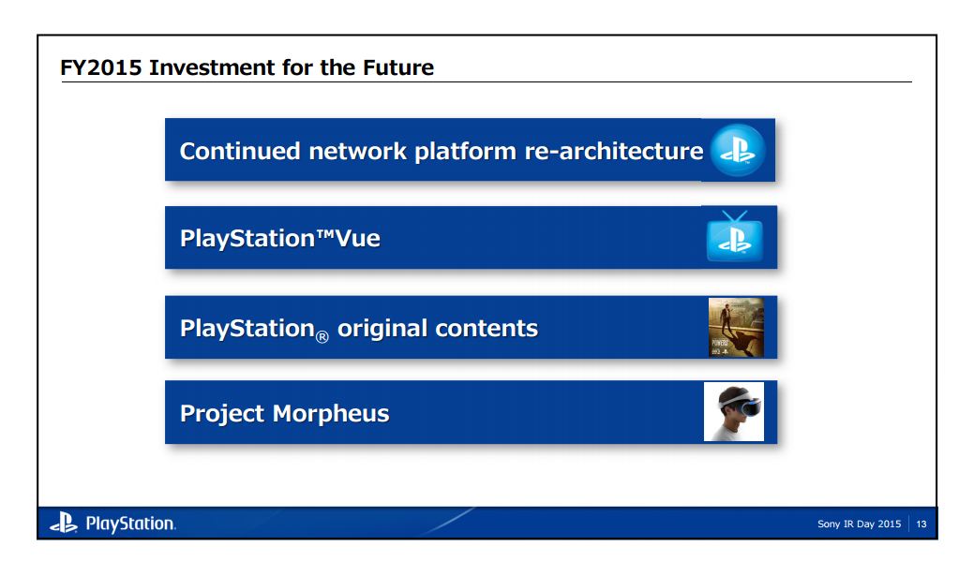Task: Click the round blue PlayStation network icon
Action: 738,151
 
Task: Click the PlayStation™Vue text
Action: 279,238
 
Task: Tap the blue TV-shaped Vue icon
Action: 735,238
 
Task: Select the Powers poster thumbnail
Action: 736,328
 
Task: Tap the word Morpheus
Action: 334,413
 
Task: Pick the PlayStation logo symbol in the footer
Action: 63,524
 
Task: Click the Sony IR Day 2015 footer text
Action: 859,524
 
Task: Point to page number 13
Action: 922,524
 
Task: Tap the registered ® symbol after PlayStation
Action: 321,335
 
